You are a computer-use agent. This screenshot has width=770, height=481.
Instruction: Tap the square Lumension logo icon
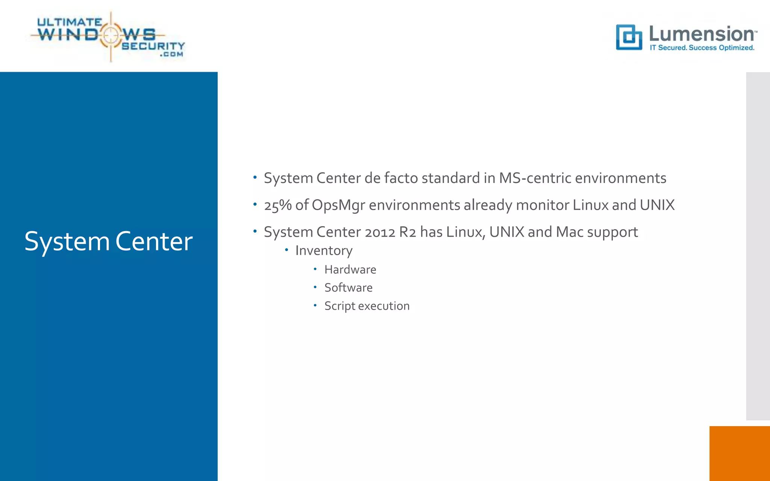click(629, 37)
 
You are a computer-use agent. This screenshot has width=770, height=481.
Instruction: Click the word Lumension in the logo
click(702, 34)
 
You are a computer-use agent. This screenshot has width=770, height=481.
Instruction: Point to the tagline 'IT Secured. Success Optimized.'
click(702, 48)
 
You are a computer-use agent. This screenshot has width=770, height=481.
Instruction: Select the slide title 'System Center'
click(108, 241)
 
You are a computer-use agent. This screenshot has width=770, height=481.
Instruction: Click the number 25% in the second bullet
click(278, 205)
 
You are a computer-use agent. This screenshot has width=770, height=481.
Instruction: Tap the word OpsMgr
click(338, 206)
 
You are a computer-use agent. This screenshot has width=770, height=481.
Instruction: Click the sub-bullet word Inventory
click(324, 251)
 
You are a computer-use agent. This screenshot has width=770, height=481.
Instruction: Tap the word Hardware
click(350, 269)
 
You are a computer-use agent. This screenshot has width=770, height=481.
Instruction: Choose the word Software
click(348, 287)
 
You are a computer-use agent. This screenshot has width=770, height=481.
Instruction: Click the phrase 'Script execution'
click(367, 306)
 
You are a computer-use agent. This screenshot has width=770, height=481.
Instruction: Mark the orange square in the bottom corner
click(739, 453)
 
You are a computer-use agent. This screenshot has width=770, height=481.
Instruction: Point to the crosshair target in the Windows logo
click(110, 35)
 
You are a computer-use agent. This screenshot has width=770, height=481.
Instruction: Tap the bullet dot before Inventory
click(286, 250)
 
